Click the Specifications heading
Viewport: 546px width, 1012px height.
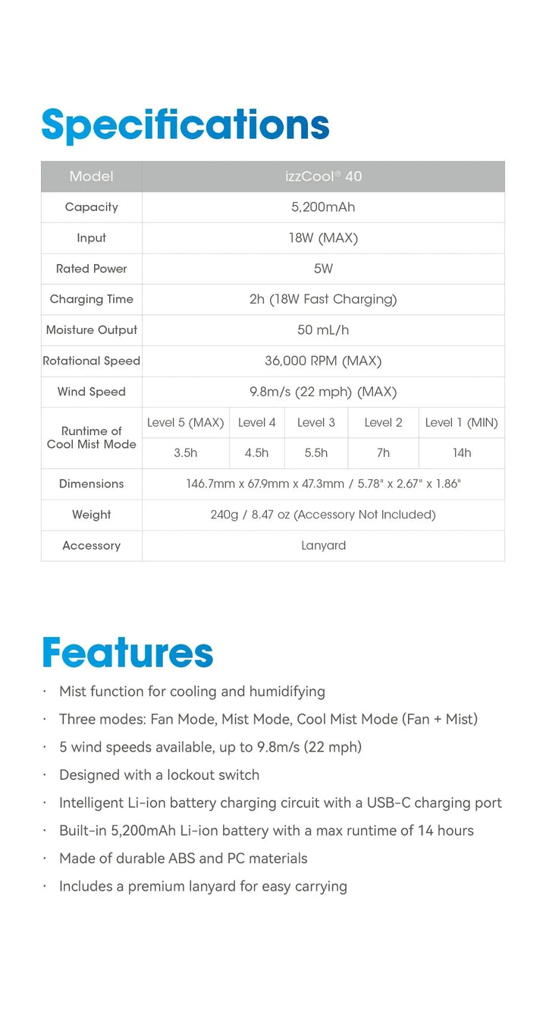point(185,125)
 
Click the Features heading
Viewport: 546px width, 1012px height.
point(127,652)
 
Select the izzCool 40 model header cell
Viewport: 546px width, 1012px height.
point(323,176)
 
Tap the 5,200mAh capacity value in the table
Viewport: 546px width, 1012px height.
point(323,207)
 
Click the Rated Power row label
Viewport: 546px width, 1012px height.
point(91,269)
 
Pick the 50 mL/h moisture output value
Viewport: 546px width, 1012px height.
point(323,330)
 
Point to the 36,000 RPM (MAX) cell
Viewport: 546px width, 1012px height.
point(323,361)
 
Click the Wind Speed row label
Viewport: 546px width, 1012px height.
point(91,392)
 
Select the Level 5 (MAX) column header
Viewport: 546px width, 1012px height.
point(185,423)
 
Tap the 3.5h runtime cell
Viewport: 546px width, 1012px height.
point(185,453)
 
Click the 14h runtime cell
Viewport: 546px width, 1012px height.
point(461,453)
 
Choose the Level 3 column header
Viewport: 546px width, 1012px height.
point(315,423)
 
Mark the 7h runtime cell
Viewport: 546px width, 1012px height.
point(383,453)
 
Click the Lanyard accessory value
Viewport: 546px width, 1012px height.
point(323,546)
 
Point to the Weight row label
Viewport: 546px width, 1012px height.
point(91,515)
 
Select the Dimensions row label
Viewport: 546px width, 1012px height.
point(91,484)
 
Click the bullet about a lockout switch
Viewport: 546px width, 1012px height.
point(159,775)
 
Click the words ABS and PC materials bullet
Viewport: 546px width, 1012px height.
point(184,859)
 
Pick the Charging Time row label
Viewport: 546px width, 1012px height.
point(91,299)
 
